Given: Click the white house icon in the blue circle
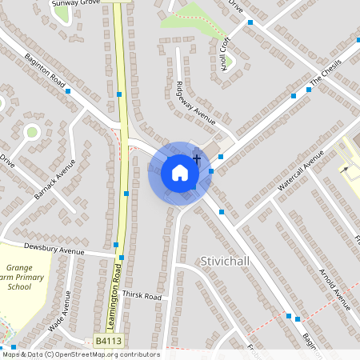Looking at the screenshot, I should [179, 173].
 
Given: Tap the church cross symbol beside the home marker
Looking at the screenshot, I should [197, 161].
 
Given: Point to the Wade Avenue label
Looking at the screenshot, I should [60, 311].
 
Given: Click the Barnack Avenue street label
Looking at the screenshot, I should [54, 179].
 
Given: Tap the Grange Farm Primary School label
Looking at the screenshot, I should [19, 277].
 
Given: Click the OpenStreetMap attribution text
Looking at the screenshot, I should [81, 354].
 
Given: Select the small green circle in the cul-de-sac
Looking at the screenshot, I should [32, 132].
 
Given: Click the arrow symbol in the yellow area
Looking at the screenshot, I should [345, 169].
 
